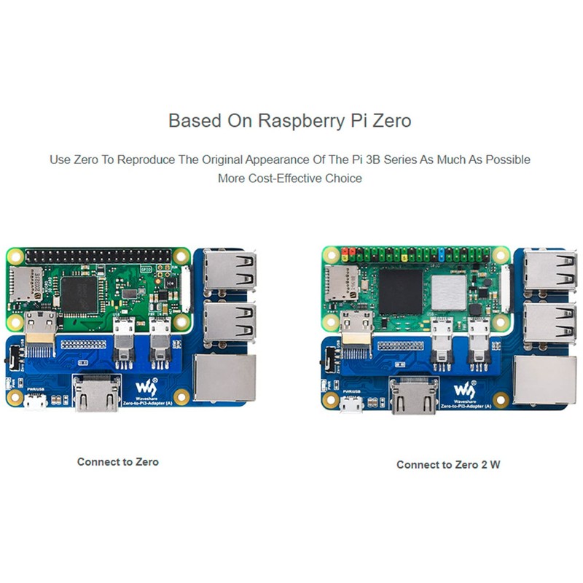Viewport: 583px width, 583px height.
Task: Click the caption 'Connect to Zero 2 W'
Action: coord(448,464)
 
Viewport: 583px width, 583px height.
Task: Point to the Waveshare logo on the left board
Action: coord(149,383)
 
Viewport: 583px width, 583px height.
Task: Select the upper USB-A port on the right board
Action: coord(547,270)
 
